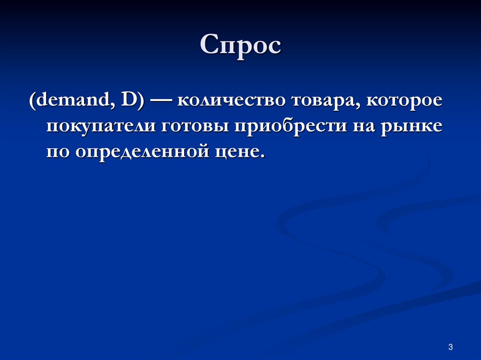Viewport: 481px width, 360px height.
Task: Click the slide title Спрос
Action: (x=240, y=46)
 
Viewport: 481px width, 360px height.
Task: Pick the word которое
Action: (x=403, y=102)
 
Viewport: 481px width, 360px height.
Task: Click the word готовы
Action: (x=194, y=128)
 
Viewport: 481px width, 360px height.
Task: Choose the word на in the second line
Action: (x=360, y=128)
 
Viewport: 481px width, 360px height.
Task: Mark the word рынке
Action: (x=411, y=128)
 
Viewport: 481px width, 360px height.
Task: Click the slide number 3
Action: (x=450, y=347)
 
